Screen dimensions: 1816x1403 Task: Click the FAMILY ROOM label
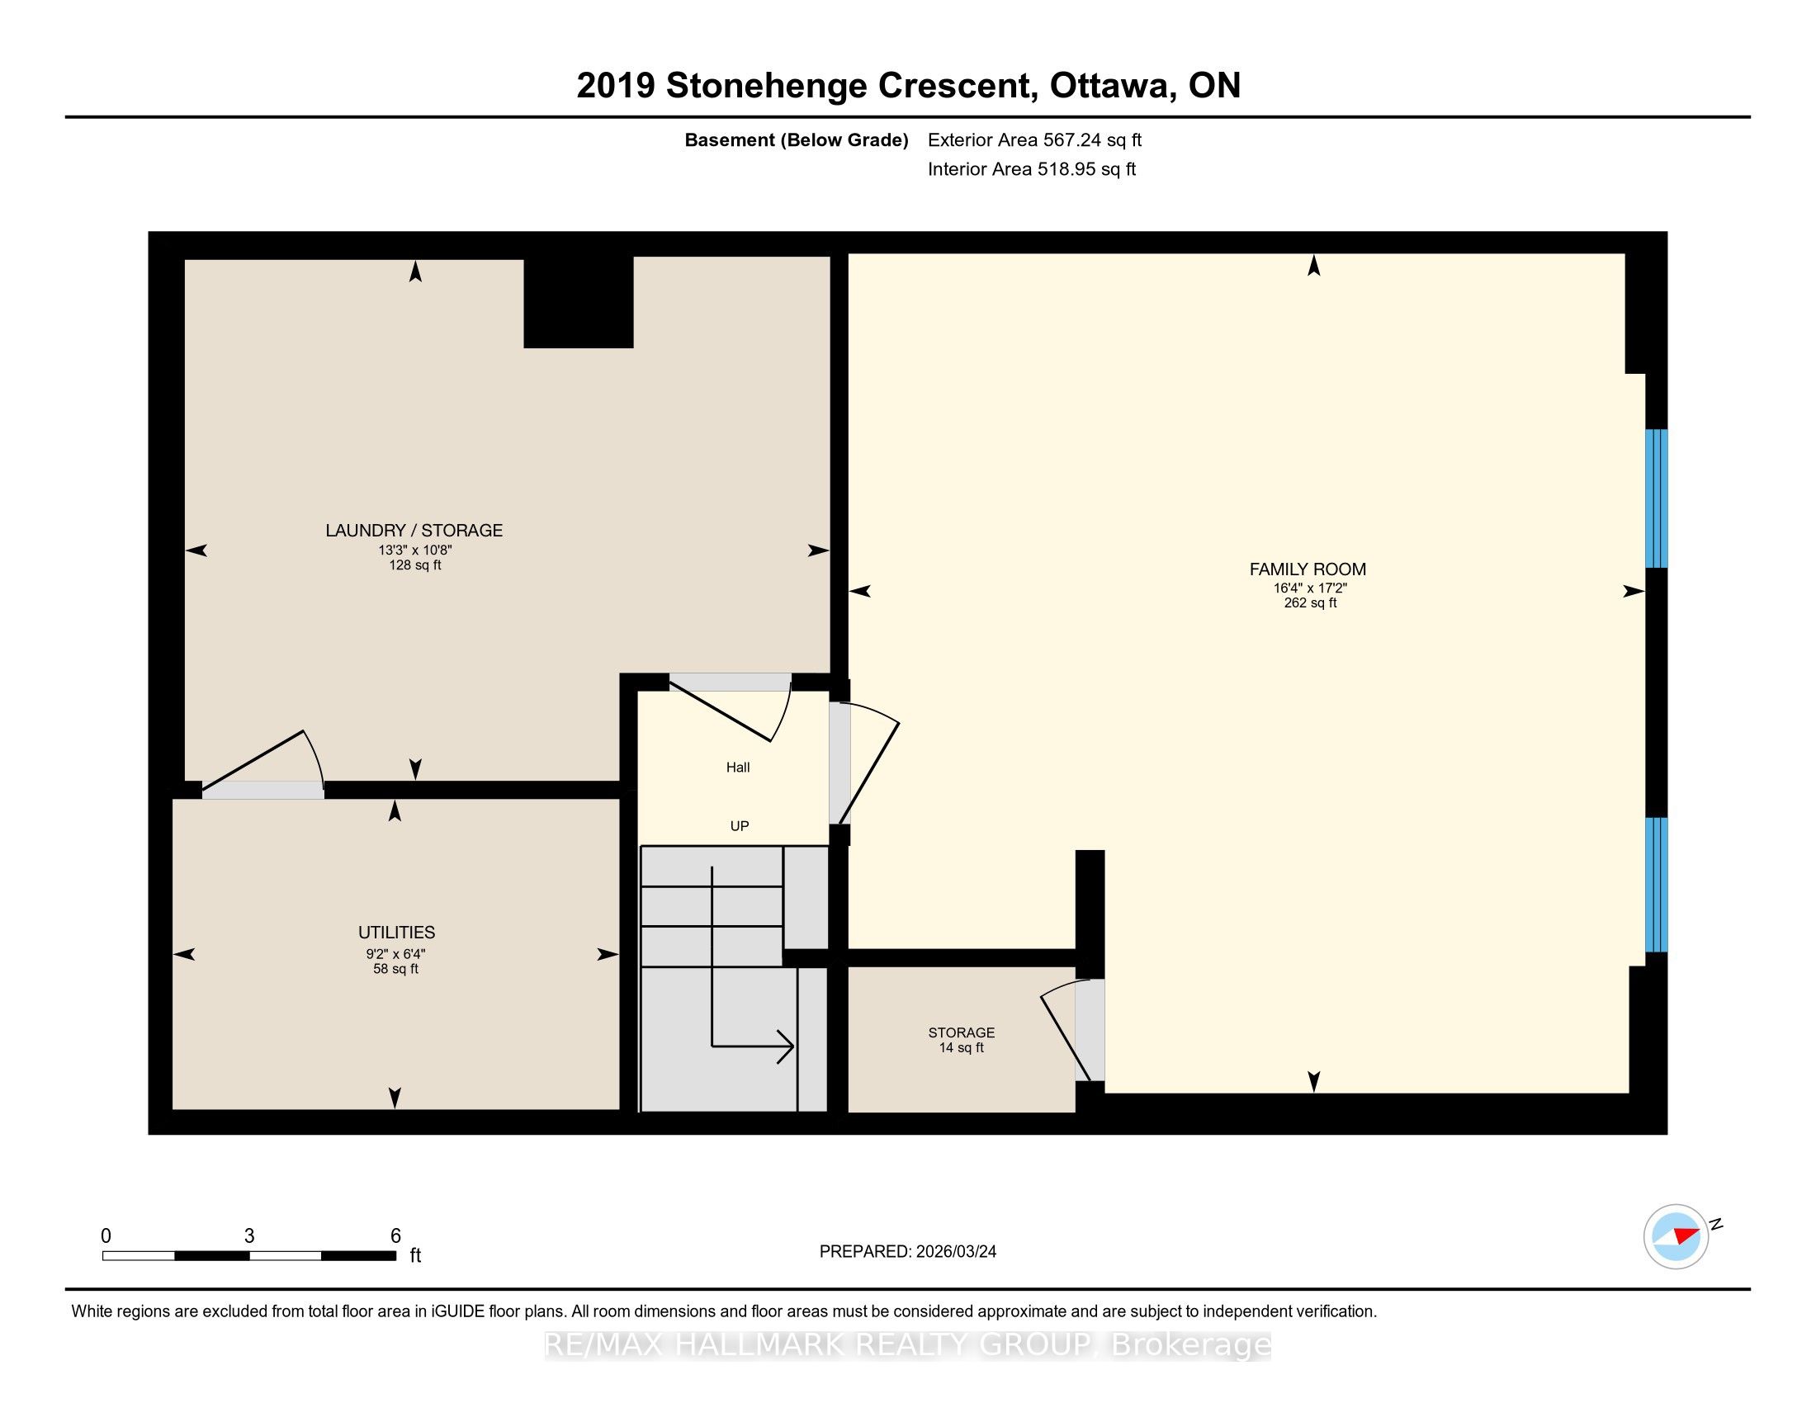coord(1308,569)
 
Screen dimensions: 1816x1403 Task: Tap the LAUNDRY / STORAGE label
coord(414,531)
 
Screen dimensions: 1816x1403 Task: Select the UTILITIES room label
coord(396,933)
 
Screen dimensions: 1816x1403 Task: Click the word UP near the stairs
coord(740,826)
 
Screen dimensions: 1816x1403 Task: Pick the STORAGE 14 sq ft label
coord(961,1040)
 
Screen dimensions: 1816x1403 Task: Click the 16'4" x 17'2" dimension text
coord(1310,588)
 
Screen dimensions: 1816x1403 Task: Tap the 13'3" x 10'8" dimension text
coord(415,550)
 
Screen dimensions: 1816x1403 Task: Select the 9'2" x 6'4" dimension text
coord(395,954)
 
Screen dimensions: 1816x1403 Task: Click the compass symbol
coord(1676,1236)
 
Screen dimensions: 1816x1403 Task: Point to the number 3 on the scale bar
coord(249,1236)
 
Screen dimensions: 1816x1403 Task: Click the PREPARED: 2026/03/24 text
coord(908,1252)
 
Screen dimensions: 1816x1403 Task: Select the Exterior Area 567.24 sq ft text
coord(1034,139)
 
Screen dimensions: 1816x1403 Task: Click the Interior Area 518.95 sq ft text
coord(1032,168)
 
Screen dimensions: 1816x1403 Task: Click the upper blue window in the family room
coord(1657,498)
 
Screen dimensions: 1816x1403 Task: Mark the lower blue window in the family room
coord(1657,885)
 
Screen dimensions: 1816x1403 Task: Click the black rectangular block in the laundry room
coord(578,301)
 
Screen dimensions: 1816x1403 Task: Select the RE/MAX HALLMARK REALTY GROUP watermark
coord(908,1345)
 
